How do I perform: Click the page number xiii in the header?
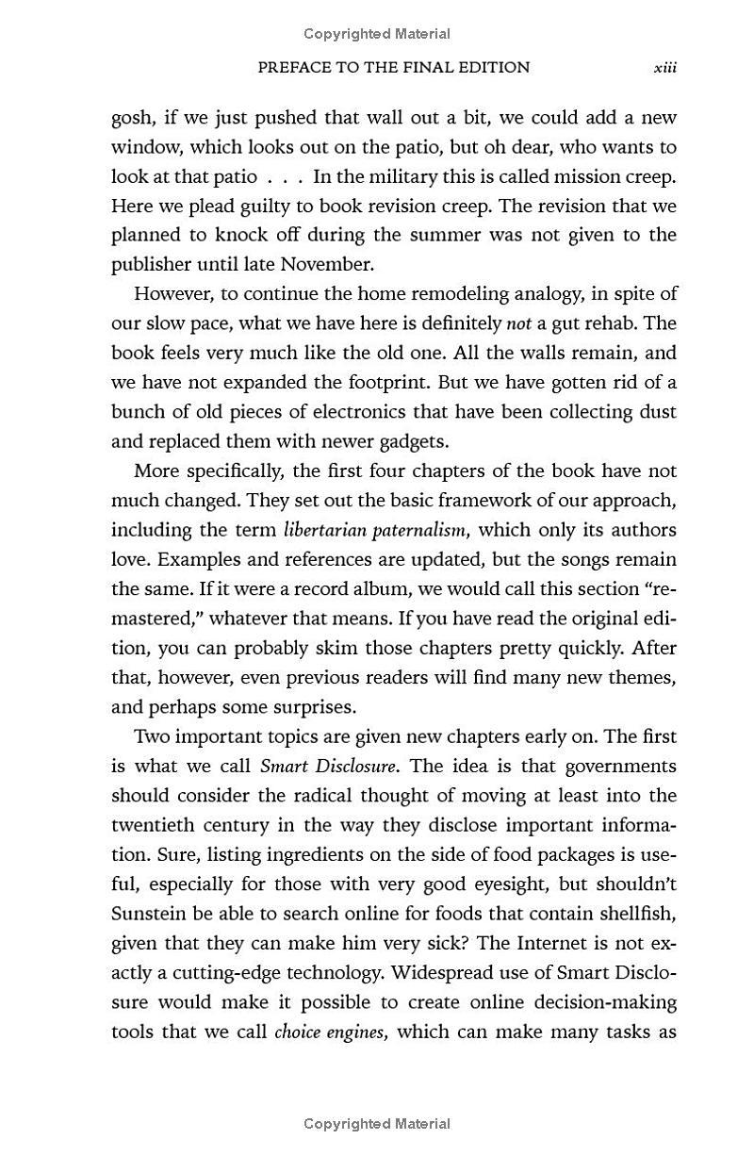pos(665,68)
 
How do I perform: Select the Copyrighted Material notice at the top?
pos(377,34)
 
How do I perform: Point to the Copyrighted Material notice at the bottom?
pos(377,1123)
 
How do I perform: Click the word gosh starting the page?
pos(133,119)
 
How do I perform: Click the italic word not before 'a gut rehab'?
pos(519,323)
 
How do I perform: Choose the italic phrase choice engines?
pos(330,1032)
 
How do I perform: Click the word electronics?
pos(367,412)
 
